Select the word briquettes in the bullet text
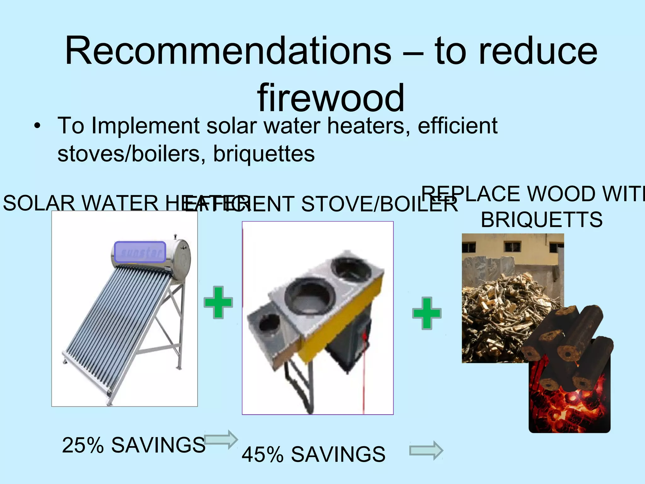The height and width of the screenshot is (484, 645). pyautogui.click(x=264, y=154)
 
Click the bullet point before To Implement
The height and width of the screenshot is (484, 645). pyautogui.click(x=37, y=126)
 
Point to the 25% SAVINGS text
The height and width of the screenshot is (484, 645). pyautogui.click(x=134, y=445)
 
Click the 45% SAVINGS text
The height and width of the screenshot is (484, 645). pyautogui.click(x=313, y=454)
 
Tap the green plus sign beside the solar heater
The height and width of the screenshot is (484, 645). pyautogui.click(x=218, y=302)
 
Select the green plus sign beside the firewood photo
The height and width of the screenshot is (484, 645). pyautogui.click(x=427, y=313)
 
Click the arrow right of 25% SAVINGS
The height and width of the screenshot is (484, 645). pyautogui.click(x=221, y=439)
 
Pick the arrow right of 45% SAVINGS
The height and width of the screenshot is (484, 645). pyautogui.click(x=426, y=451)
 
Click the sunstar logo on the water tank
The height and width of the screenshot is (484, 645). pyautogui.click(x=140, y=252)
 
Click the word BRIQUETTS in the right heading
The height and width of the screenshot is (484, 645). pyautogui.click(x=541, y=220)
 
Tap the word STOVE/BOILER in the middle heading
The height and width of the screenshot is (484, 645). pyautogui.click(x=379, y=204)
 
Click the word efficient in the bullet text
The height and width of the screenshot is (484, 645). pyautogui.click(x=457, y=126)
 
